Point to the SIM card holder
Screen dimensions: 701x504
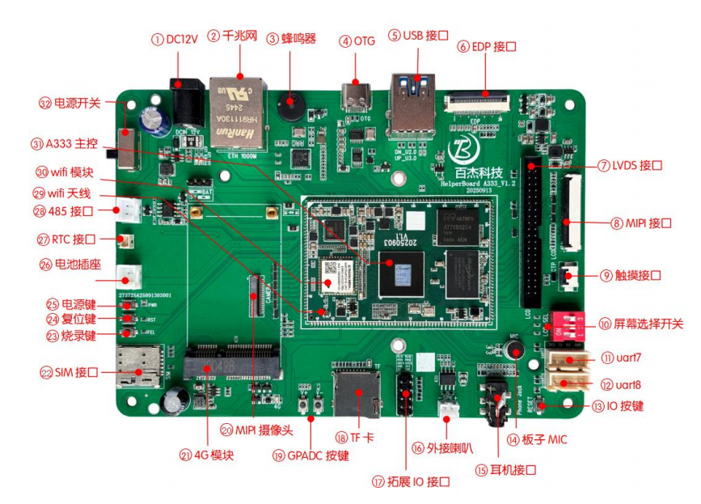[140, 366]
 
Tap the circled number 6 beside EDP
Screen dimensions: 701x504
[464, 47]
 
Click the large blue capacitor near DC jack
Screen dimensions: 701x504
[154, 121]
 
